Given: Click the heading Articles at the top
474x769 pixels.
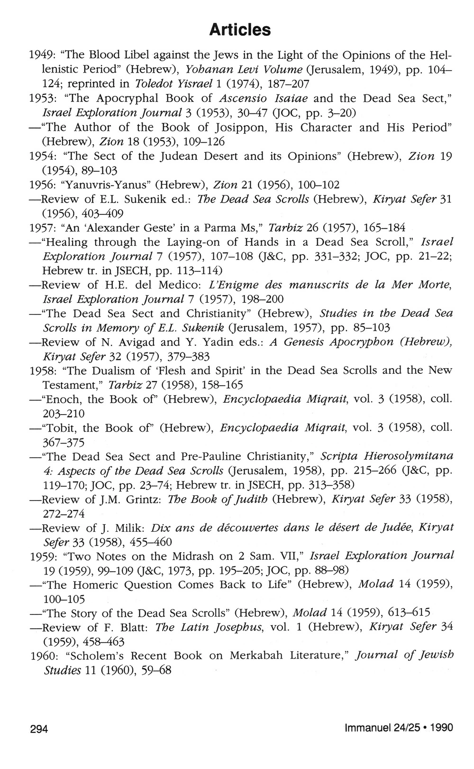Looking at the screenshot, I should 240,30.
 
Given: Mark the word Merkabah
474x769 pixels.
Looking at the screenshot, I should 253,656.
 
